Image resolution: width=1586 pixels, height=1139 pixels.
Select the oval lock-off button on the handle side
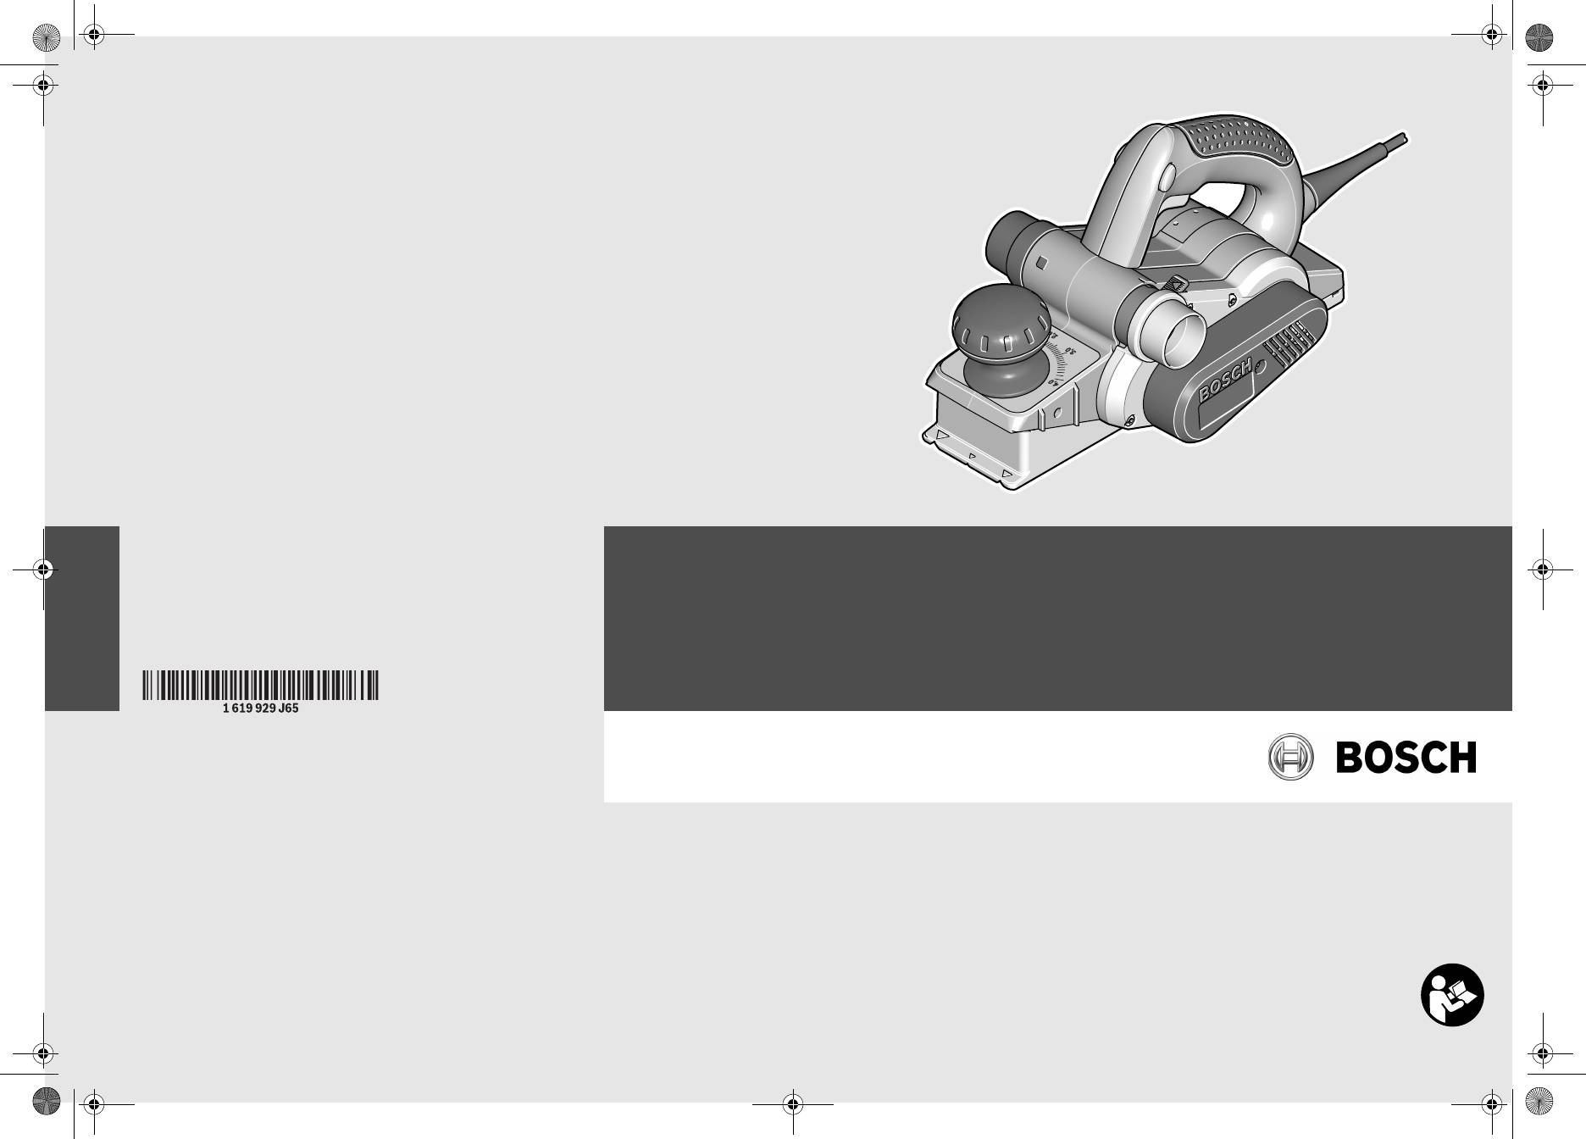tap(1165, 178)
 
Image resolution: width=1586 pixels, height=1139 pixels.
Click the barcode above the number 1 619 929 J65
tap(261, 685)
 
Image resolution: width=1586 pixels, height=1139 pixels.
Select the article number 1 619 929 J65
tap(261, 708)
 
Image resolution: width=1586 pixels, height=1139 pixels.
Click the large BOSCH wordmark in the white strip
tap(1406, 758)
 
